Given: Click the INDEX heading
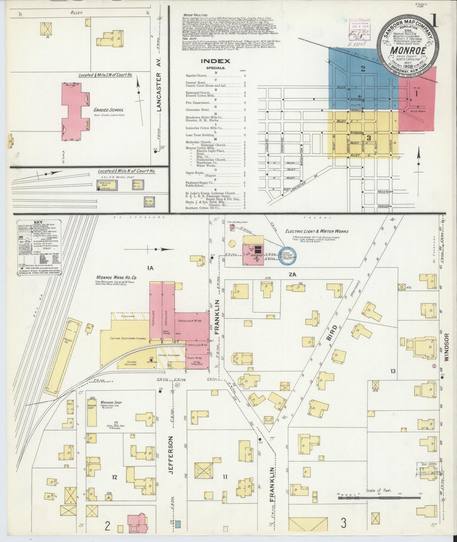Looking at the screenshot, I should coord(216,61).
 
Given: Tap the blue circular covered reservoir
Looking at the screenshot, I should coord(287,255).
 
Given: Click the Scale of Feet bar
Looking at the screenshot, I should coord(379,497).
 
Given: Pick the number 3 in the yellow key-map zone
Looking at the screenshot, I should coord(369,138).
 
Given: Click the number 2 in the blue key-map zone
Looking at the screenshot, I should coord(363,68).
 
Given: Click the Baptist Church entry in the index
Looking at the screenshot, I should coord(196,76).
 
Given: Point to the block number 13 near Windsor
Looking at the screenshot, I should coord(392,371).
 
